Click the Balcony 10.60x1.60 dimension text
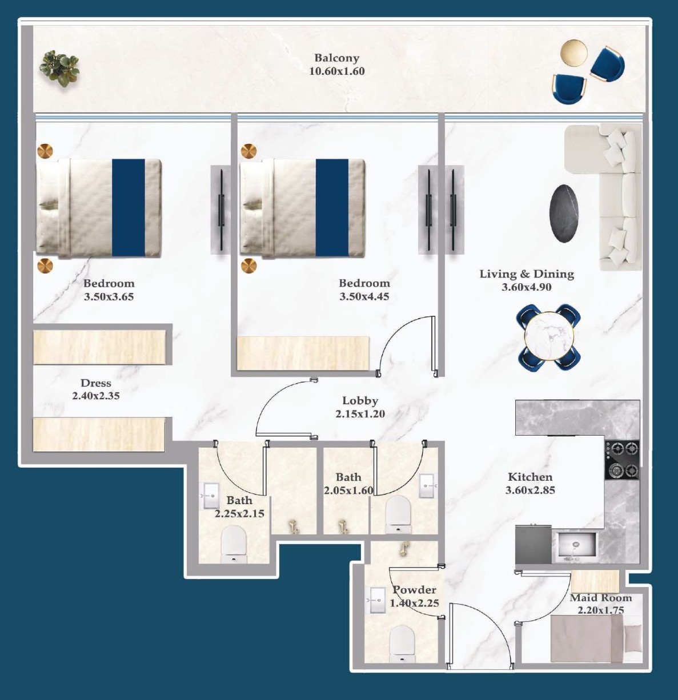point(337,71)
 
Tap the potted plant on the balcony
point(59,68)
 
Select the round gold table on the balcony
point(573,53)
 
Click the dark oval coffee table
point(564,214)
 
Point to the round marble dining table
point(548,336)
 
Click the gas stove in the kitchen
point(622,460)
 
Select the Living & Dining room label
point(527,274)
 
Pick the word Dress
point(96,383)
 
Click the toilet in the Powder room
point(402,644)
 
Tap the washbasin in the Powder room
point(377,600)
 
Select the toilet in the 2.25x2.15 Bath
point(234,544)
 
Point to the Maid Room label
point(601,598)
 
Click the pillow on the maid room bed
point(632,639)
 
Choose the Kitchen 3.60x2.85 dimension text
point(530,490)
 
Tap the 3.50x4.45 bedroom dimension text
point(364,297)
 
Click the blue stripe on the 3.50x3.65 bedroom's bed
point(129,208)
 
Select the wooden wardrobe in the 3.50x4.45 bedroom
point(303,353)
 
